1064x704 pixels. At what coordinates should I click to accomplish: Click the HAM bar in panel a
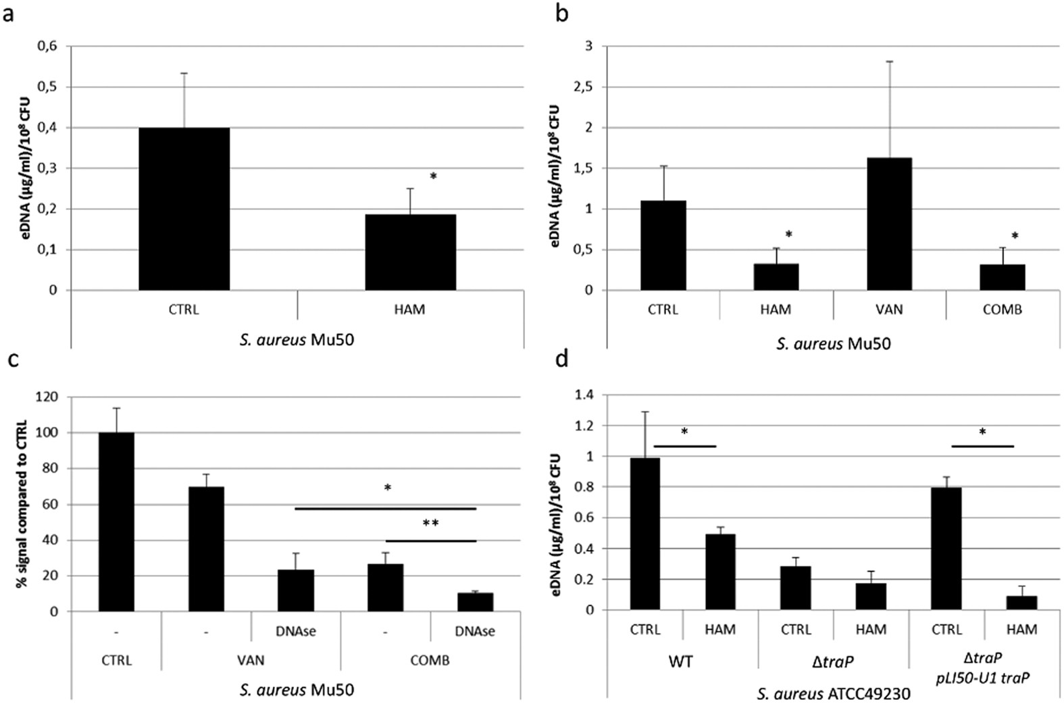point(410,252)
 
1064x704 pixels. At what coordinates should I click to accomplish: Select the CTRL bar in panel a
point(184,209)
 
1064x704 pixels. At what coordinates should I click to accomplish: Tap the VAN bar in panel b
point(889,224)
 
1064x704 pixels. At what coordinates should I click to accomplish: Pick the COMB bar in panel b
point(1002,277)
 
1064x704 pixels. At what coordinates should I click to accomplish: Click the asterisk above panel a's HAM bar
point(433,177)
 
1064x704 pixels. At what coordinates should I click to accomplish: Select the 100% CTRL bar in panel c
point(116,522)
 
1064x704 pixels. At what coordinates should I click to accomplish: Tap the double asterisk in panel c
point(430,524)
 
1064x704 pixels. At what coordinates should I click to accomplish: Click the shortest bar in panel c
point(475,602)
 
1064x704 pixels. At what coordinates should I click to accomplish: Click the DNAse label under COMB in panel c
point(475,632)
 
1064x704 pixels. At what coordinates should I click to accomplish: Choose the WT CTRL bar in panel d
point(645,534)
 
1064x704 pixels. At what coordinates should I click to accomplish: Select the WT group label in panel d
point(680,661)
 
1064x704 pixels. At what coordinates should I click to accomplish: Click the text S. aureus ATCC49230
point(833,694)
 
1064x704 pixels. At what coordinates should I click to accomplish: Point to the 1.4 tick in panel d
point(585,395)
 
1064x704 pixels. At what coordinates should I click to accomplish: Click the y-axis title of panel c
point(22,503)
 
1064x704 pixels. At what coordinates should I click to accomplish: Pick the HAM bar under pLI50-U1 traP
point(1021,603)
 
